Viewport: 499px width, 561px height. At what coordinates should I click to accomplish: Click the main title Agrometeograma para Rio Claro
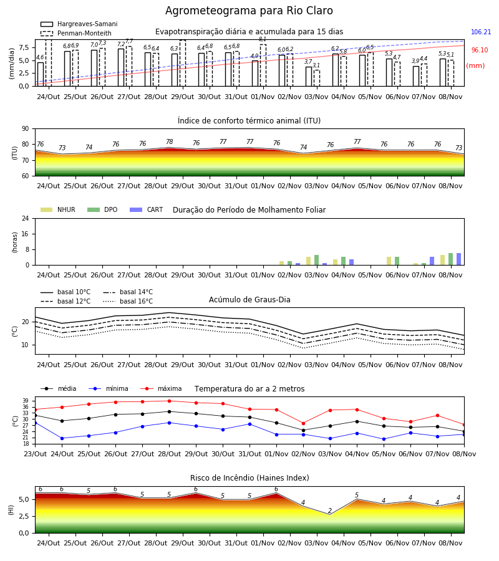coord(249,11)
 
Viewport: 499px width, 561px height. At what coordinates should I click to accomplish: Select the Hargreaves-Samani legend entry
coord(79,24)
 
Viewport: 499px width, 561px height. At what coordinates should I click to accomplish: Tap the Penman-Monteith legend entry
coord(76,33)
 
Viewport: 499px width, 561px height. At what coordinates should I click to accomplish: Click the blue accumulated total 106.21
coord(481,32)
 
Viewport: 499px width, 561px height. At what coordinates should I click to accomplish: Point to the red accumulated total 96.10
coord(480,50)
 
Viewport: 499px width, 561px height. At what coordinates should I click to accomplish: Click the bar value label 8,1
coord(263,39)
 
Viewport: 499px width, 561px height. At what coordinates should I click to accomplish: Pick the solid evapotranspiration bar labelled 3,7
coord(309,76)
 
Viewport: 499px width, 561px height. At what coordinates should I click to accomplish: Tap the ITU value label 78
coord(169,141)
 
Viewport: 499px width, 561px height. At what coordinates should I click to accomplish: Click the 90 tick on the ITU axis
coord(26,129)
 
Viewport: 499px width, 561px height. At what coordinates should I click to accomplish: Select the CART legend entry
coord(147,209)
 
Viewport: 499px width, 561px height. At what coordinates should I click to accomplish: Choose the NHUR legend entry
coord(58,209)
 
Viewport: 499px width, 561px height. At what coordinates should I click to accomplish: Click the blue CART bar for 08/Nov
coord(458,259)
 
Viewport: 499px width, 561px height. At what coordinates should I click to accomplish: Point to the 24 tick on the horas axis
coord(26,218)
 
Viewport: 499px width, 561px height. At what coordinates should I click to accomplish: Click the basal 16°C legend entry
coord(128,301)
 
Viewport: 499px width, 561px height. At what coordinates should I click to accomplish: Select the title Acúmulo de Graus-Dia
coord(249,299)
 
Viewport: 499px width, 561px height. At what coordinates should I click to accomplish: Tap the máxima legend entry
coord(162,388)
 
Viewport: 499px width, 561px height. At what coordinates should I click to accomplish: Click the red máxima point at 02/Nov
coord(304,423)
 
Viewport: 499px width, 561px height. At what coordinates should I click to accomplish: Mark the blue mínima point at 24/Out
coord(62,438)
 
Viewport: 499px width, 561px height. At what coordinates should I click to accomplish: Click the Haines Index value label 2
coord(330,511)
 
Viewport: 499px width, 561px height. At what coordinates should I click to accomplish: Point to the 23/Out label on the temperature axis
coord(35,454)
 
